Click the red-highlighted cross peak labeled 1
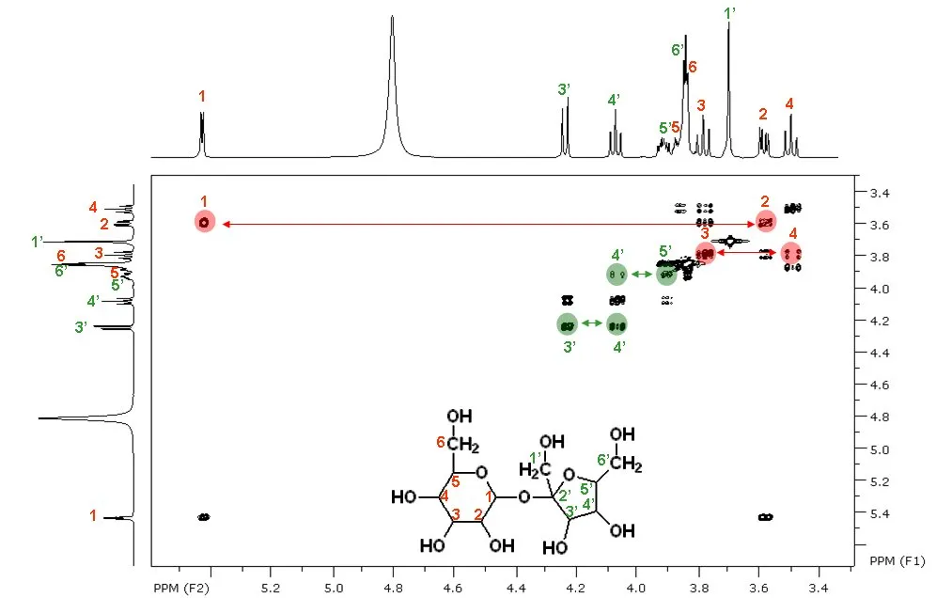[205, 223]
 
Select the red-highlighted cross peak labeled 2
[766, 221]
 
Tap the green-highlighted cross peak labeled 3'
[567, 324]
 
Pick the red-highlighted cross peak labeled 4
[791, 253]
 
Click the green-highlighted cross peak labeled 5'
[666, 275]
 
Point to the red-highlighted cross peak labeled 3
[704, 253]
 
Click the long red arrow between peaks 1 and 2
[488, 224]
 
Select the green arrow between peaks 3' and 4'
[592, 323]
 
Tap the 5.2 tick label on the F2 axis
[270, 589]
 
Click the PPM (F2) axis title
[181, 589]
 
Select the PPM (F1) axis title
[897, 560]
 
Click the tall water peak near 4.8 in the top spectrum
[392, 85]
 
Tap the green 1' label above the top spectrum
[730, 13]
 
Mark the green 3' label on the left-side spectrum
[80, 327]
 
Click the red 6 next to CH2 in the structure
[441, 443]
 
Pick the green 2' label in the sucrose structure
[565, 496]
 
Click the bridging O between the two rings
[524, 497]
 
